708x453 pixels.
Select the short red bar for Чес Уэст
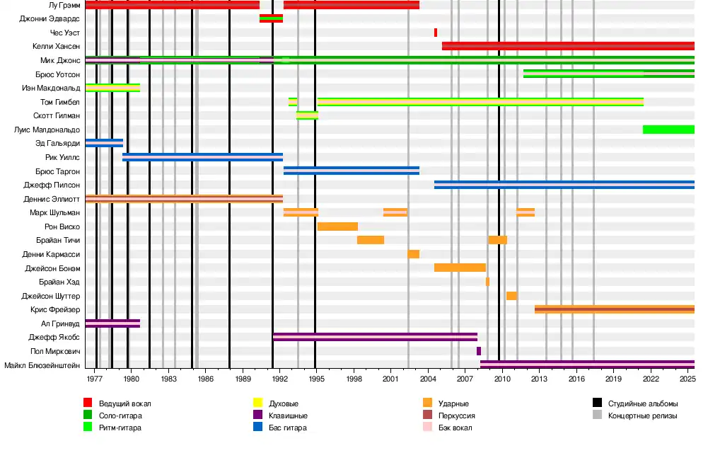coord(436,33)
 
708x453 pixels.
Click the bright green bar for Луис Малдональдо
coord(668,130)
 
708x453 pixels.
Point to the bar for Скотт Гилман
coord(307,115)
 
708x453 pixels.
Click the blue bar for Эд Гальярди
coord(104,143)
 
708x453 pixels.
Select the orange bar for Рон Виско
coord(337,226)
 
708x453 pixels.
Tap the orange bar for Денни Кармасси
coord(414,254)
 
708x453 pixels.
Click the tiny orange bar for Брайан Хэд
coord(487,282)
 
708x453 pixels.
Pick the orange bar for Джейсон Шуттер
coord(511,296)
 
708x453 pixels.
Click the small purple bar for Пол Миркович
coord(479,351)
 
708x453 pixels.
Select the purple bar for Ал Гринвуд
coord(112,323)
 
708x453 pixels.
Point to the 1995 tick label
coord(315,379)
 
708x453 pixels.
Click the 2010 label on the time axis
coord(501,379)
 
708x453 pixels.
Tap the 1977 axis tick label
coord(94,379)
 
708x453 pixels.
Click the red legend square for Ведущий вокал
coord(88,403)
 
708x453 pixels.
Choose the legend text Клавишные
coord(287,415)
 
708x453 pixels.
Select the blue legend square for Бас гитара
coord(258,428)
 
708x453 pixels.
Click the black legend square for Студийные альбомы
coord(597,403)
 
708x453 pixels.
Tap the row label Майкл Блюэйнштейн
coord(42,365)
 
